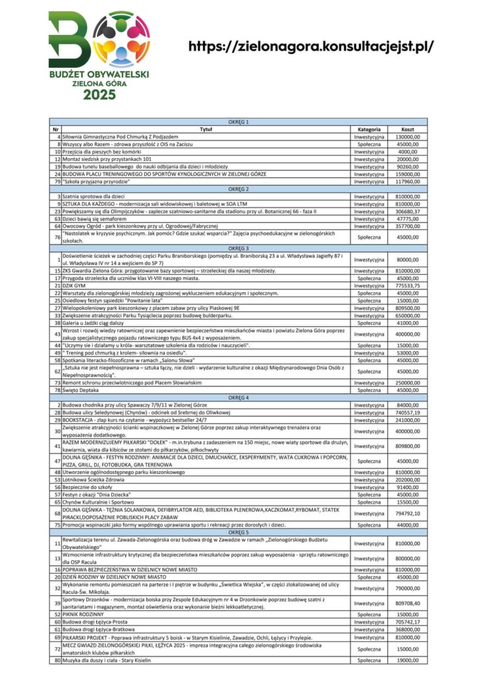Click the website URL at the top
(x=311, y=47)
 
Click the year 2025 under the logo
(x=98, y=94)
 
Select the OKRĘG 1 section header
(x=238, y=123)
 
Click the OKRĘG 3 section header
(x=238, y=247)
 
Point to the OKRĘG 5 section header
(x=238, y=531)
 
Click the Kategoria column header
(x=369, y=129)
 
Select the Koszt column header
(x=408, y=129)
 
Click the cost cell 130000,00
(x=408, y=136)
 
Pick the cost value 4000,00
(x=408, y=152)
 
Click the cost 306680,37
(x=408, y=211)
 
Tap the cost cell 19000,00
(x=408, y=659)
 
